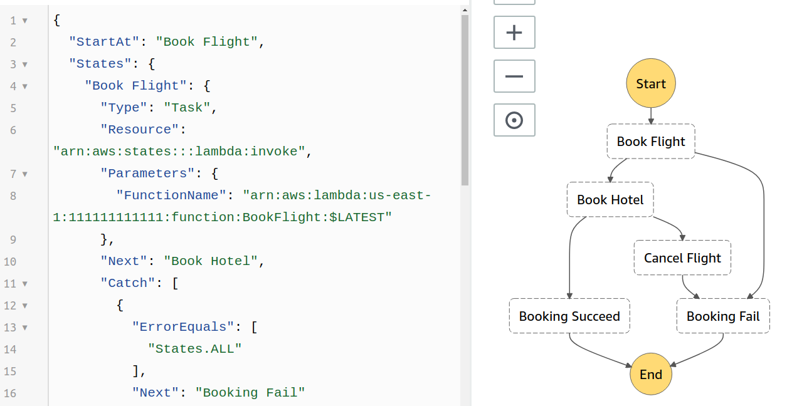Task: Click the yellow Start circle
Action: point(651,83)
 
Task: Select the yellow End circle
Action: point(651,374)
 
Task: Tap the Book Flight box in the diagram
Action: point(651,142)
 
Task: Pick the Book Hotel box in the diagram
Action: point(610,200)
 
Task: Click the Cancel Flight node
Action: point(682,258)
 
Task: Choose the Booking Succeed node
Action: point(569,316)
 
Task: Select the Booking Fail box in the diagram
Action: point(723,316)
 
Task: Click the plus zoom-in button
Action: point(514,33)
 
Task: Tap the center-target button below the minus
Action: point(514,120)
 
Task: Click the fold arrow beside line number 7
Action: point(25,174)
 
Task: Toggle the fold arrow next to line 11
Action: point(25,284)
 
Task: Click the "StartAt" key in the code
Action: point(104,42)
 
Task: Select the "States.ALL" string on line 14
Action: point(194,349)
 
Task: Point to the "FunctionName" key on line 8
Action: point(171,195)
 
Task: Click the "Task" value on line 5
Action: point(187,107)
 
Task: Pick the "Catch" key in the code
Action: point(128,283)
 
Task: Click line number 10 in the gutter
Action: point(10,261)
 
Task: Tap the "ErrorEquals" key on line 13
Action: point(183,326)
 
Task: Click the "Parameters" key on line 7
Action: point(147,174)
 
